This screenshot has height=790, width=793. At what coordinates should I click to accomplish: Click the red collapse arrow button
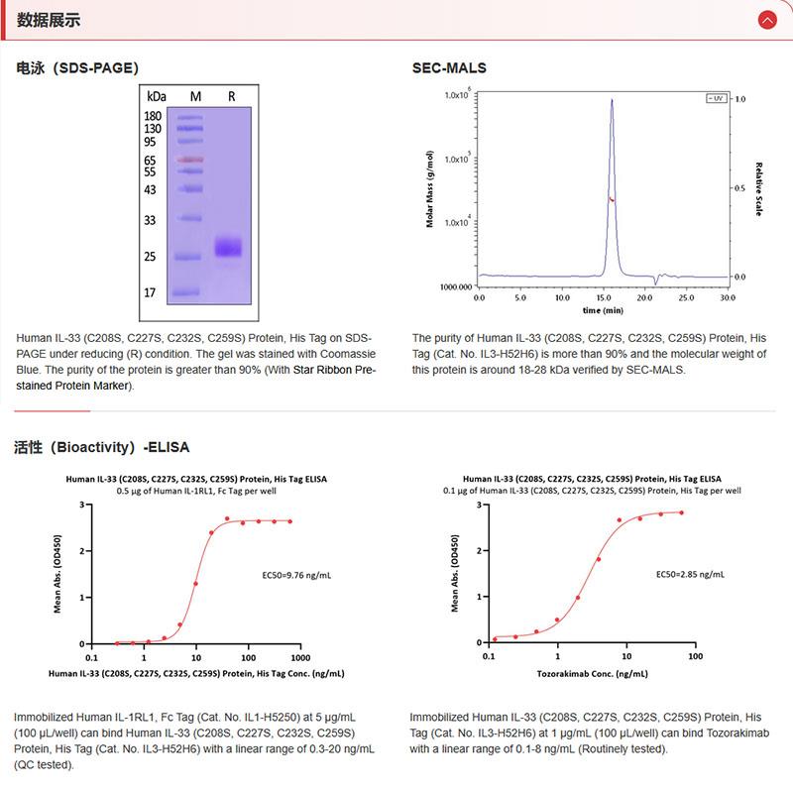(x=766, y=20)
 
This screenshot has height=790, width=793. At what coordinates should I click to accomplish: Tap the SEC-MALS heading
(x=449, y=68)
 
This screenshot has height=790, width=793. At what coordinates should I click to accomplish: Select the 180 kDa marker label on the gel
(x=153, y=116)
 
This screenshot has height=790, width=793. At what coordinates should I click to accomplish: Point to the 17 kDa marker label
(x=151, y=292)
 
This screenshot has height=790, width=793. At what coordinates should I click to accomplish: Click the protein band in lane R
(x=229, y=246)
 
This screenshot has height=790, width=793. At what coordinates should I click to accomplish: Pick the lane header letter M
(x=195, y=96)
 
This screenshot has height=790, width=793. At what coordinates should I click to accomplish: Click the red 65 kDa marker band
(x=187, y=160)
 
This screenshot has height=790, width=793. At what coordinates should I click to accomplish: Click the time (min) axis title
(x=602, y=310)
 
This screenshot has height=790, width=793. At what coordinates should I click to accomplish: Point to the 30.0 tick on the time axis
(x=727, y=296)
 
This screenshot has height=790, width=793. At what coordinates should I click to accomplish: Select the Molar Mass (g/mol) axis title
(x=430, y=189)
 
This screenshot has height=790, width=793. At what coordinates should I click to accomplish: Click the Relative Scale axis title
(x=758, y=189)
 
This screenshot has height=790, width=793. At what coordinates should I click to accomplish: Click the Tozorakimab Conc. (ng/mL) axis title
(x=592, y=673)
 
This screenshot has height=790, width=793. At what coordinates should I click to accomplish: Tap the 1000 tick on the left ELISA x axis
(x=298, y=656)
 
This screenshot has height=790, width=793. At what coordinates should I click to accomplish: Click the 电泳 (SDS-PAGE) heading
(x=77, y=68)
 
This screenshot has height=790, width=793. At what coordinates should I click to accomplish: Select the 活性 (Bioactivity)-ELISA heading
(x=101, y=447)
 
